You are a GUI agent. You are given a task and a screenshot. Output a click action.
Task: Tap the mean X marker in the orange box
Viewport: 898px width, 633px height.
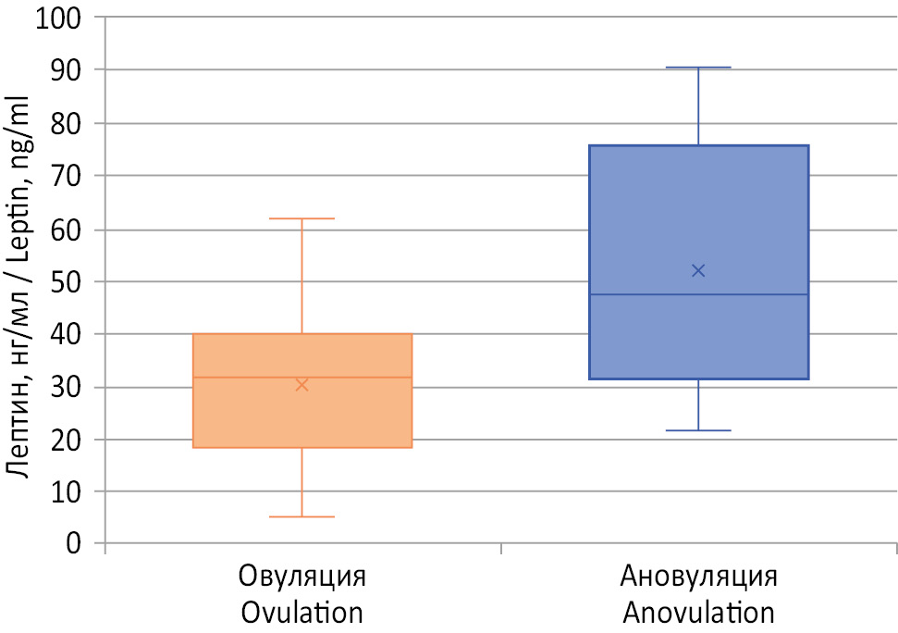pos(301,384)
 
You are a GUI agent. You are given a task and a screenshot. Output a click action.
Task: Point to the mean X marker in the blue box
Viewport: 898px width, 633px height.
pos(698,270)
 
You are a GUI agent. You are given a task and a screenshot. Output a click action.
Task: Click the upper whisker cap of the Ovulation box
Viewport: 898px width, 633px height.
pos(301,218)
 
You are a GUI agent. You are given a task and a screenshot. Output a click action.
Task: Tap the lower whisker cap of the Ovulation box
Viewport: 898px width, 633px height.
pos(301,516)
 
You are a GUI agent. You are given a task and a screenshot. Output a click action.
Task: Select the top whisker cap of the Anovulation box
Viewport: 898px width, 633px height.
pos(698,68)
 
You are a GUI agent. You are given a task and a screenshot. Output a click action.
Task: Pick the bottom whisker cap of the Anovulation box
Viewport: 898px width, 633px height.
pos(698,430)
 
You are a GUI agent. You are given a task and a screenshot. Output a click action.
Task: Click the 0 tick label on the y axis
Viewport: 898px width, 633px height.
pos(74,543)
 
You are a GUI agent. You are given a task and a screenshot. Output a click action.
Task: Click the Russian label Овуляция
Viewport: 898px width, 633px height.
pos(301,577)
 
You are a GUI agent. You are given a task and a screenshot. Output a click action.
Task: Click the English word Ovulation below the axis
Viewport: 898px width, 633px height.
pos(301,612)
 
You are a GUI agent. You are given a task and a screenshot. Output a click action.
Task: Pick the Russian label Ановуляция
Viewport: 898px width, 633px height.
pos(698,577)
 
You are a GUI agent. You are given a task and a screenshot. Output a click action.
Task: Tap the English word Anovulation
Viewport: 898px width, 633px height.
pos(698,612)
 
